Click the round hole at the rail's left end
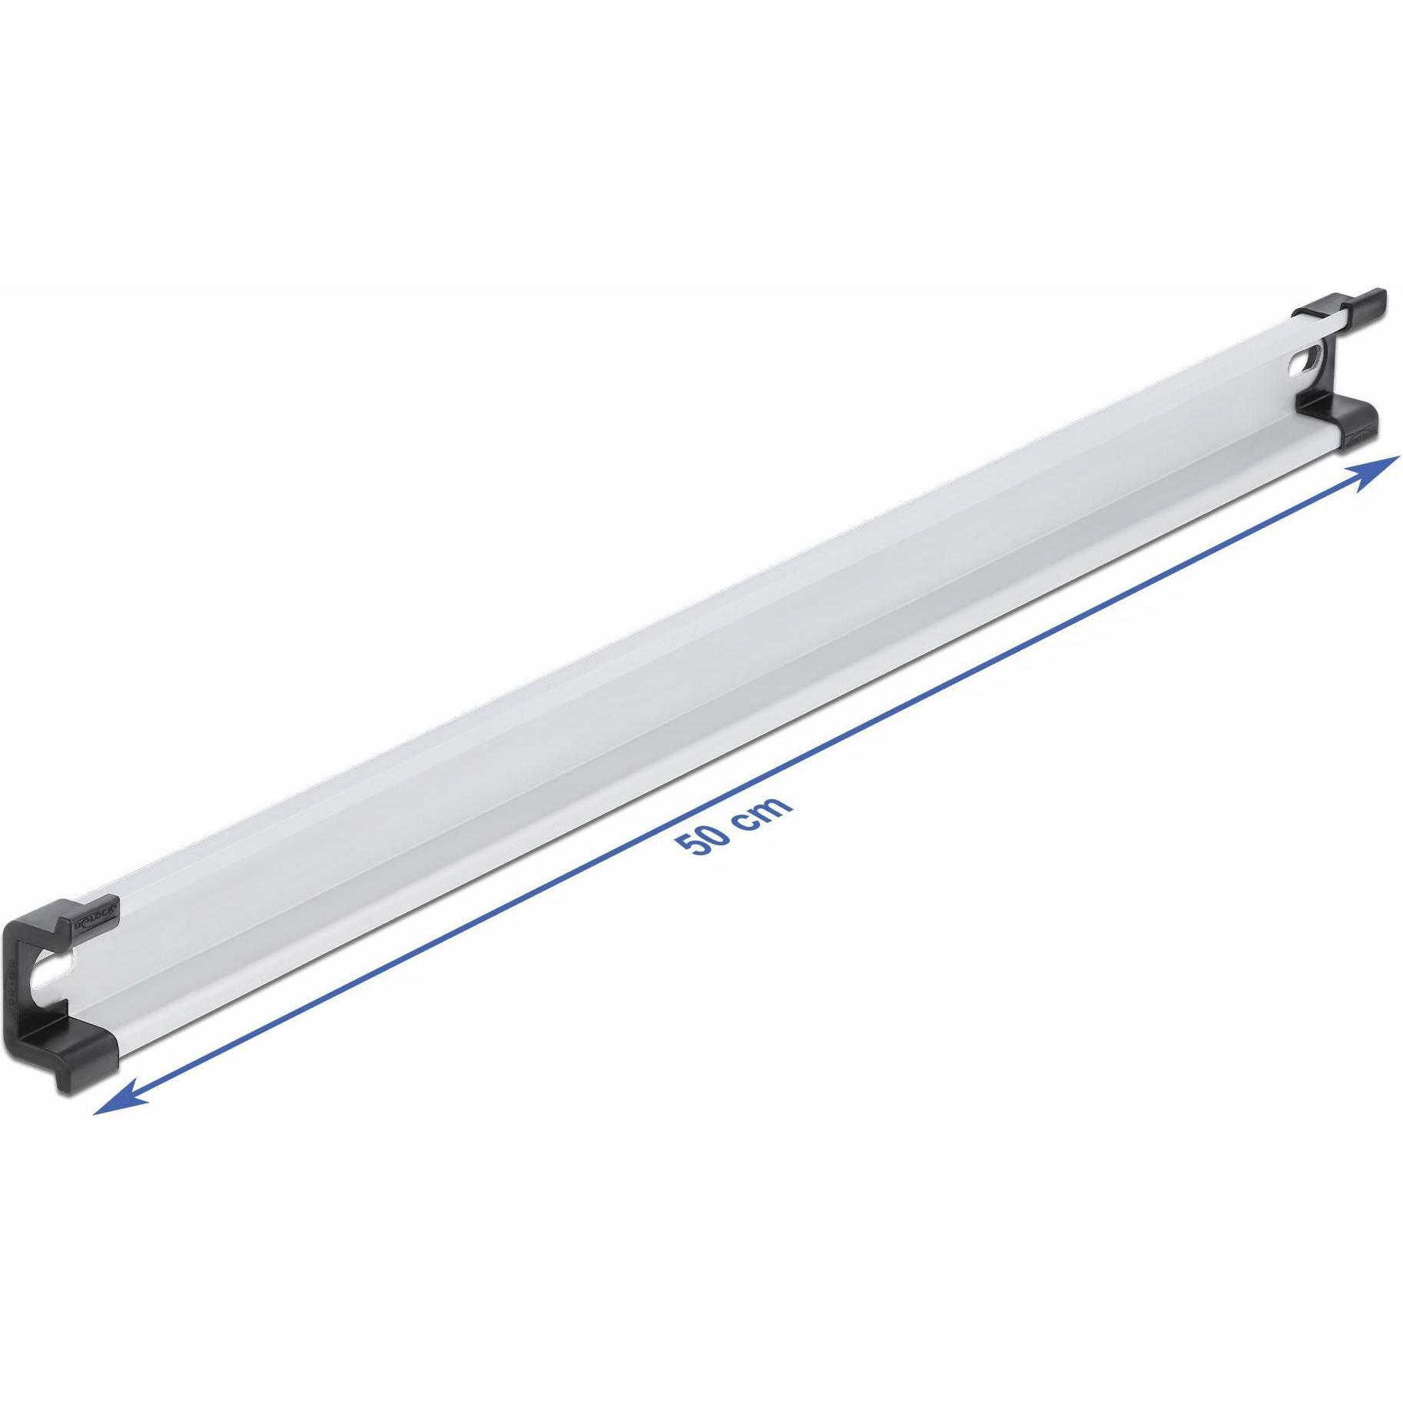(x=54, y=974)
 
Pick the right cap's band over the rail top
(x=1315, y=310)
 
